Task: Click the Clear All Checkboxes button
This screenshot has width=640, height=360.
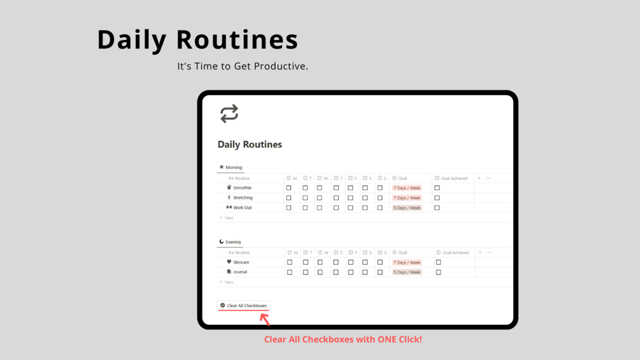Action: pos(244,306)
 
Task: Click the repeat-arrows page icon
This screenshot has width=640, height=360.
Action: pos(229,113)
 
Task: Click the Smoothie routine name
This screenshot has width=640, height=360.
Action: pos(242,188)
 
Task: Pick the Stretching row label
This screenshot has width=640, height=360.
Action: pos(243,198)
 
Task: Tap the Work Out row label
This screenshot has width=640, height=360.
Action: pos(242,208)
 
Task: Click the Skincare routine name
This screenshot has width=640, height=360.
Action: pos(241,263)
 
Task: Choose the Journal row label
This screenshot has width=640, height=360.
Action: pos(240,272)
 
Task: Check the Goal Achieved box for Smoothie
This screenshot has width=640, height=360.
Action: pos(437,188)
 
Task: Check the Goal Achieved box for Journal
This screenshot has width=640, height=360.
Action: pos(438,272)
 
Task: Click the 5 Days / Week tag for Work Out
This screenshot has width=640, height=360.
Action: pos(407,208)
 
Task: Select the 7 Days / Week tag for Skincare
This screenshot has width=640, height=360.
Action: pos(407,263)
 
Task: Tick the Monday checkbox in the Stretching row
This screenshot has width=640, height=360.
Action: pos(288,198)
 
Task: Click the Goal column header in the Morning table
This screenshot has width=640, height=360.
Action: pos(402,178)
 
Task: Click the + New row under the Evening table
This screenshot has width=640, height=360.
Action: pos(227,282)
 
